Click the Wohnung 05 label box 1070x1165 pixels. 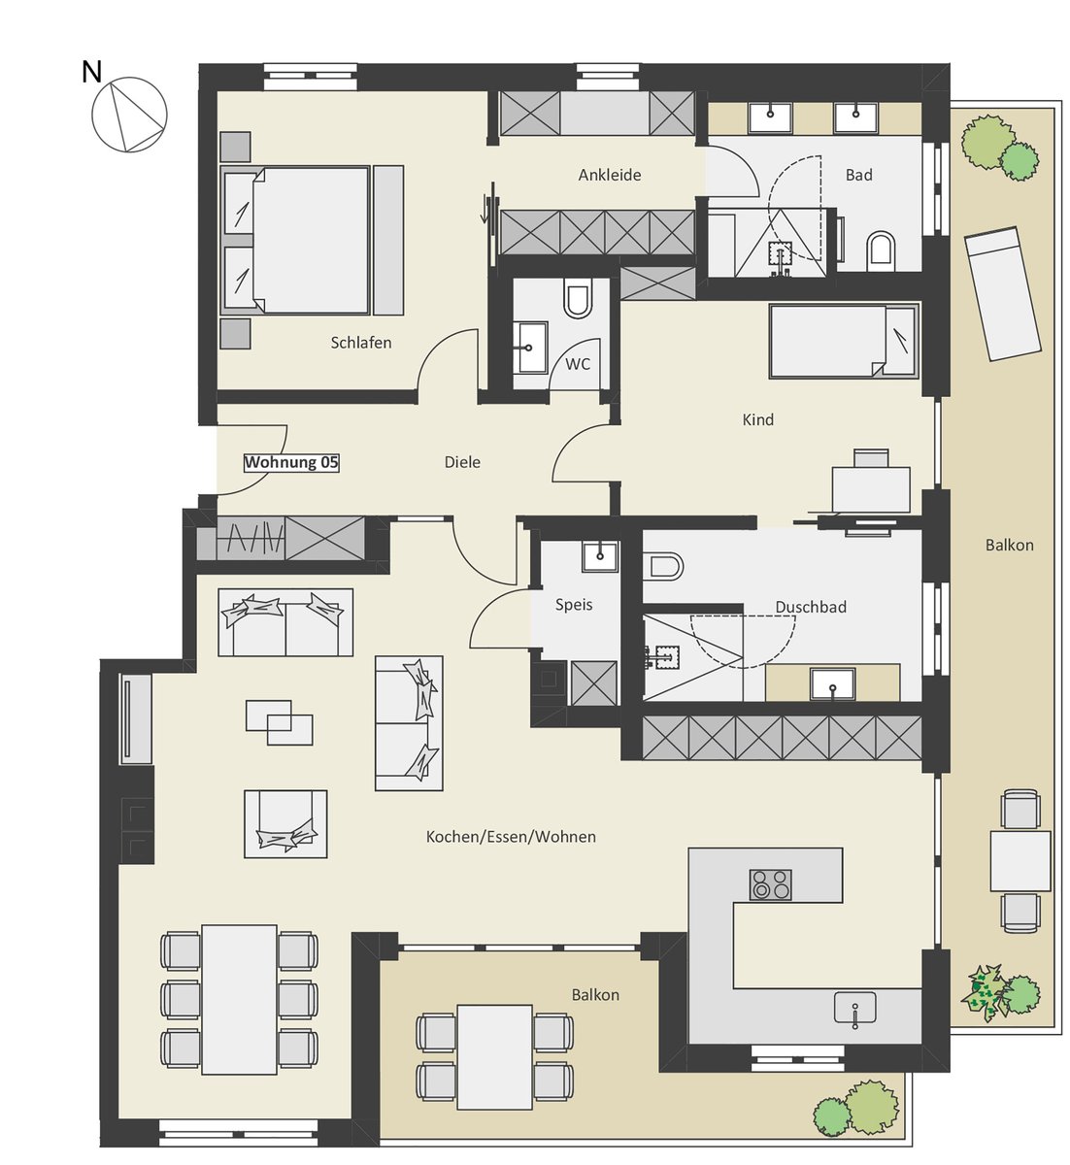pyautogui.click(x=291, y=462)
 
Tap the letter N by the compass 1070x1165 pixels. pyautogui.click(x=92, y=72)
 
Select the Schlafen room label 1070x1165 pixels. pyautogui.click(x=361, y=343)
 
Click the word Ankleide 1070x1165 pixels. pyautogui.click(x=610, y=175)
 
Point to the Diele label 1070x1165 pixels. pyautogui.click(x=462, y=462)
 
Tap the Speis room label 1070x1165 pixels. pyautogui.click(x=573, y=605)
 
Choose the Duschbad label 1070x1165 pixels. pyautogui.click(x=811, y=607)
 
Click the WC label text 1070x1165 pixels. pyautogui.click(x=578, y=364)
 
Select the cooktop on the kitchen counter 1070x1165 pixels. pyautogui.click(x=770, y=884)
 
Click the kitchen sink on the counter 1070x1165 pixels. pyautogui.click(x=855, y=1007)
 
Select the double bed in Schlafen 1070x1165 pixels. pyautogui.click(x=296, y=241)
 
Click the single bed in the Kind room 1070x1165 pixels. pyautogui.click(x=844, y=341)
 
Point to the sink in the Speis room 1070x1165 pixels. pyautogui.click(x=600, y=556)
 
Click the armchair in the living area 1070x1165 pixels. pyautogui.click(x=285, y=823)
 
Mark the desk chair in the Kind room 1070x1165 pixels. pyautogui.click(x=871, y=458)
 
